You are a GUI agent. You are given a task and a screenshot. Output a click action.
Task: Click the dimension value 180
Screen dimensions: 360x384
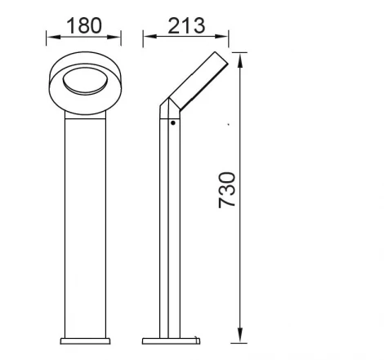84,25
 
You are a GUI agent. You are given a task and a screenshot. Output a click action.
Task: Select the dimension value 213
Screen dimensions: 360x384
186,25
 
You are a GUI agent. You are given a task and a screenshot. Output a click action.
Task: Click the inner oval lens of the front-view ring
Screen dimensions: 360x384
83,80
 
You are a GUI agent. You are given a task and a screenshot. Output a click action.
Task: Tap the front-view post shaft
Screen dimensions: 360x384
83,220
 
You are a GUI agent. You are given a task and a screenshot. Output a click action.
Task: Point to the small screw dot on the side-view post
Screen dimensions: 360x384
172,123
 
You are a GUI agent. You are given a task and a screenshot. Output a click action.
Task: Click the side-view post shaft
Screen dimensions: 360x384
168,229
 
